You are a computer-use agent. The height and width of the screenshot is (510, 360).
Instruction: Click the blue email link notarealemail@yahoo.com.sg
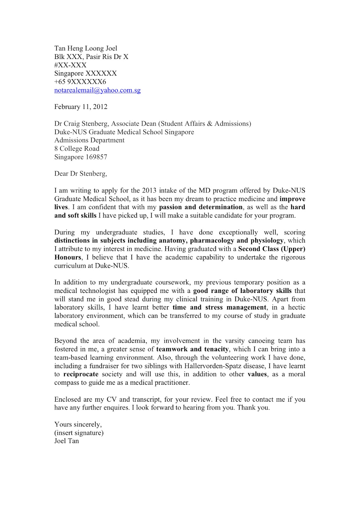point(97,90)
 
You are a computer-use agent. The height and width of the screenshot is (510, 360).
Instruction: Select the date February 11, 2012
point(81,107)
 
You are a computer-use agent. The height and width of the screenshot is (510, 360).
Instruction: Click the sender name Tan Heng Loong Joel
point(86,48)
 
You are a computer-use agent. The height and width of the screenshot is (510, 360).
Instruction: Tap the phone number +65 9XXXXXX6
point(80,82)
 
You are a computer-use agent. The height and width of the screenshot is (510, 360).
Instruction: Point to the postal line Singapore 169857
point(81,157)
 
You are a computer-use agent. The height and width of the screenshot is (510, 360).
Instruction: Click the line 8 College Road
point(77,149)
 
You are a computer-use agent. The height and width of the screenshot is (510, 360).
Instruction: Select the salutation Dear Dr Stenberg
point(81,174)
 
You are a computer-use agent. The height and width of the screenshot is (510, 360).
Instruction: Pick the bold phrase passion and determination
point(201,207)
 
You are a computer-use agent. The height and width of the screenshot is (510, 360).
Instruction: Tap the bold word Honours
point(68,257)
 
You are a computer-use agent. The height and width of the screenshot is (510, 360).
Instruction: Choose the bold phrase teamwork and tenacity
point(192,349)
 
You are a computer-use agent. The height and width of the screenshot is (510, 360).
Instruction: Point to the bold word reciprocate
point(81,374)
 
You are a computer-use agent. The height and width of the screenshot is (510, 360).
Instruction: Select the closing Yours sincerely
point(78,424)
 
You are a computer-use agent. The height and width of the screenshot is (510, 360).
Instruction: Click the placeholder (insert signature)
point(79,433)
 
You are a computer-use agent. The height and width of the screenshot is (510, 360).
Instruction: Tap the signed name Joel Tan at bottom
point(67,441)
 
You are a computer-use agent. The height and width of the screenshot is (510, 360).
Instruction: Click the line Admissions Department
point(89,140)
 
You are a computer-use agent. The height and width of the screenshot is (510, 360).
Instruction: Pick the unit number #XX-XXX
point(70,65)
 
